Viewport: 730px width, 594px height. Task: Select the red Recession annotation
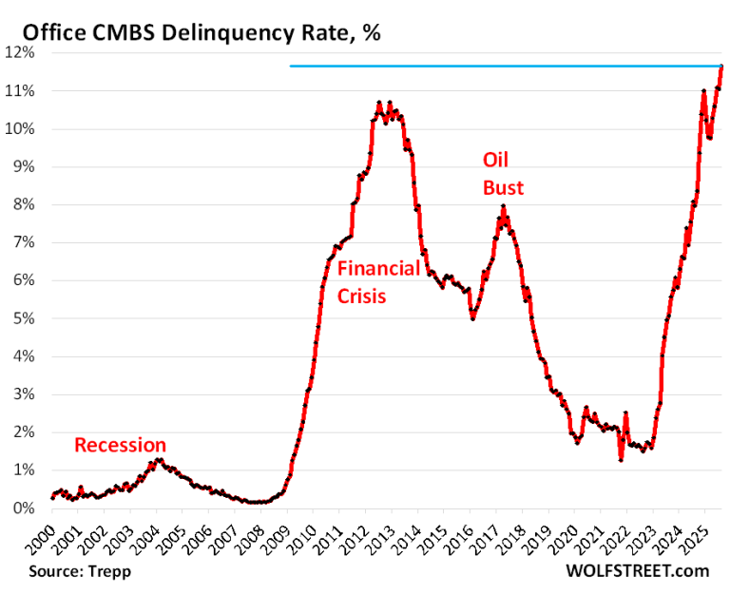[120, 445]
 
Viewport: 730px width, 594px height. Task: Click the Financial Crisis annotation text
[378, 282]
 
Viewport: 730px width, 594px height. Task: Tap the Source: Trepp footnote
[78, 571]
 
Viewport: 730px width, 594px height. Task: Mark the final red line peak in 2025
[721, 66]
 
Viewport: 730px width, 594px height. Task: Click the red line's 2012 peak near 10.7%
[379, 102]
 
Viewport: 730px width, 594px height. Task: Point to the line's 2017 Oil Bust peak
[503, 207]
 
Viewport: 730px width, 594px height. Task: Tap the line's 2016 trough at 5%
[472, 318]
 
